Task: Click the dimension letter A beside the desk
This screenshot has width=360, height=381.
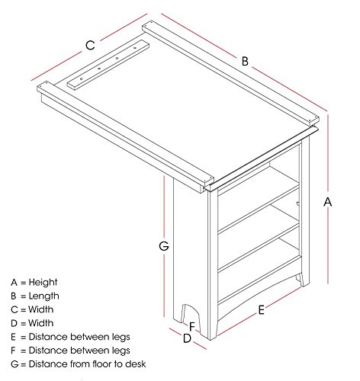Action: (328, 202)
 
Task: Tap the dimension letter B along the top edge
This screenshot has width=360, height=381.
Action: (245, 61)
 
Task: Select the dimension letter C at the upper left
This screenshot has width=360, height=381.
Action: (90, 45)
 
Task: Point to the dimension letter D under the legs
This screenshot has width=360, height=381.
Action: (187, 338)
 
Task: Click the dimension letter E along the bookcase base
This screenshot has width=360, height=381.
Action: (261, 310)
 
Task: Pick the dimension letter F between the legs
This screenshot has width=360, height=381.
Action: (192, 327)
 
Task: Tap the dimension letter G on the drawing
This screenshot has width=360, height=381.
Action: (164, 246)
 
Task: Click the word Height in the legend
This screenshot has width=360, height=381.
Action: (43, 283)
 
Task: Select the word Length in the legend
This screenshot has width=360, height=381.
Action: (43, 296)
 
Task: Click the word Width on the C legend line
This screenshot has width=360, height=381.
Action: (40, 309)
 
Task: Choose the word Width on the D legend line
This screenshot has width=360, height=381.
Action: (40, 323)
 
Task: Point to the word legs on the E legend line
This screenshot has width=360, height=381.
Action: (121, 338)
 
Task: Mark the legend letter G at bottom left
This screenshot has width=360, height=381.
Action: (14, 364)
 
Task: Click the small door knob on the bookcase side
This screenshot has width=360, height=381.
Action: (297, 203)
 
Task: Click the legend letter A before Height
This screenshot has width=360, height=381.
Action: (14, 283)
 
